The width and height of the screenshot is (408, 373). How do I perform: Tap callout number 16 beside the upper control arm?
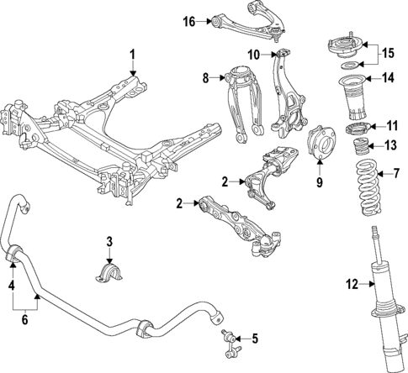pos(189,20)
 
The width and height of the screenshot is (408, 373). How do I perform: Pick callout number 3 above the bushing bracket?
pos(108,243)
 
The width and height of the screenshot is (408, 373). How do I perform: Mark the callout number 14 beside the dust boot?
pos(389,80)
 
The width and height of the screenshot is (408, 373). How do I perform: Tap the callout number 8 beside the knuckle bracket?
pos(204,80)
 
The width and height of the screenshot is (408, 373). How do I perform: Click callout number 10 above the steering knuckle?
pos(253,55)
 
